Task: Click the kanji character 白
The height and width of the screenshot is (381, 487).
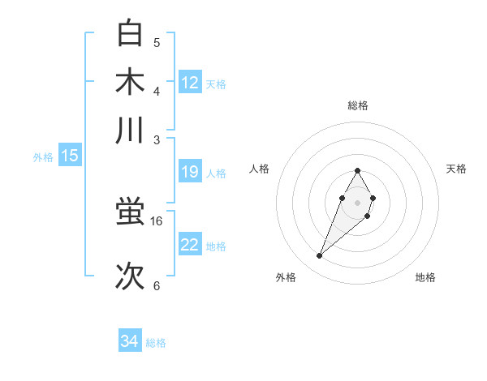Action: (131, 33)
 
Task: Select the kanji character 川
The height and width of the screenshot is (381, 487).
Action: (131, 131)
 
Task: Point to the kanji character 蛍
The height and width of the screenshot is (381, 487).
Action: (131, 213)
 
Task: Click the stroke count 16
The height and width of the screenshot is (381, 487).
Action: (157, 220)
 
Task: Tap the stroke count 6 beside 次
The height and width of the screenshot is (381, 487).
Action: (157, 285)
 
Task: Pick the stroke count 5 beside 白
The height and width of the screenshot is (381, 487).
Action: (157, 42)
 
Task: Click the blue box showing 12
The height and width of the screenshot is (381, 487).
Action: (190, 82)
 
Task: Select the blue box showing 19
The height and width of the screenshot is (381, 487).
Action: (190, 172)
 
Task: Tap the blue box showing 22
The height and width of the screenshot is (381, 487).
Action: (190, 245)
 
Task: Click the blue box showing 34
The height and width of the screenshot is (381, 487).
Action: (129, 341)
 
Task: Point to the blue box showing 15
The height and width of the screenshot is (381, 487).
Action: (70, 156)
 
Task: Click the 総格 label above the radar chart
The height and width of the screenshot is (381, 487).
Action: (357, 105)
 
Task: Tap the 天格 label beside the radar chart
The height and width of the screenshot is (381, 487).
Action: (456, 169)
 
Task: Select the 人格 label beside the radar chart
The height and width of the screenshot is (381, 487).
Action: (260, 169)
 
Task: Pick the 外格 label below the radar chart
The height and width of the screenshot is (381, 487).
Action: (286, 277)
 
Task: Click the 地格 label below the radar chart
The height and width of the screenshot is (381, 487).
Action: (425, 277)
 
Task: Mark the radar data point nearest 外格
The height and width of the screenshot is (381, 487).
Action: (320, 256)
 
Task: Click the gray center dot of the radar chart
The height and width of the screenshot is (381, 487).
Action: (357, 202)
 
